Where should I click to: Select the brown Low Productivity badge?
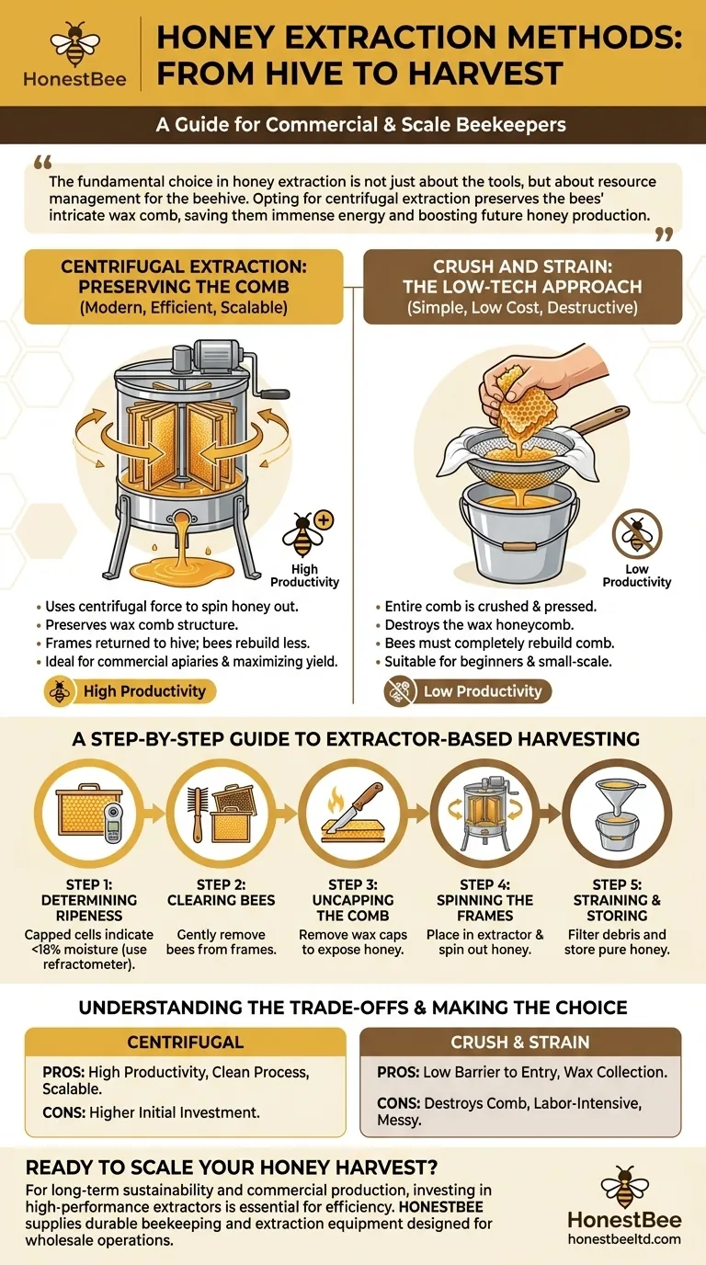point(469,691)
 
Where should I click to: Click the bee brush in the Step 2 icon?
point(197,814)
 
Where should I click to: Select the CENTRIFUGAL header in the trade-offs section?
point(185,1043)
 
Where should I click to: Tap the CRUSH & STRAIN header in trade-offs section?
point(520,1043)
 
